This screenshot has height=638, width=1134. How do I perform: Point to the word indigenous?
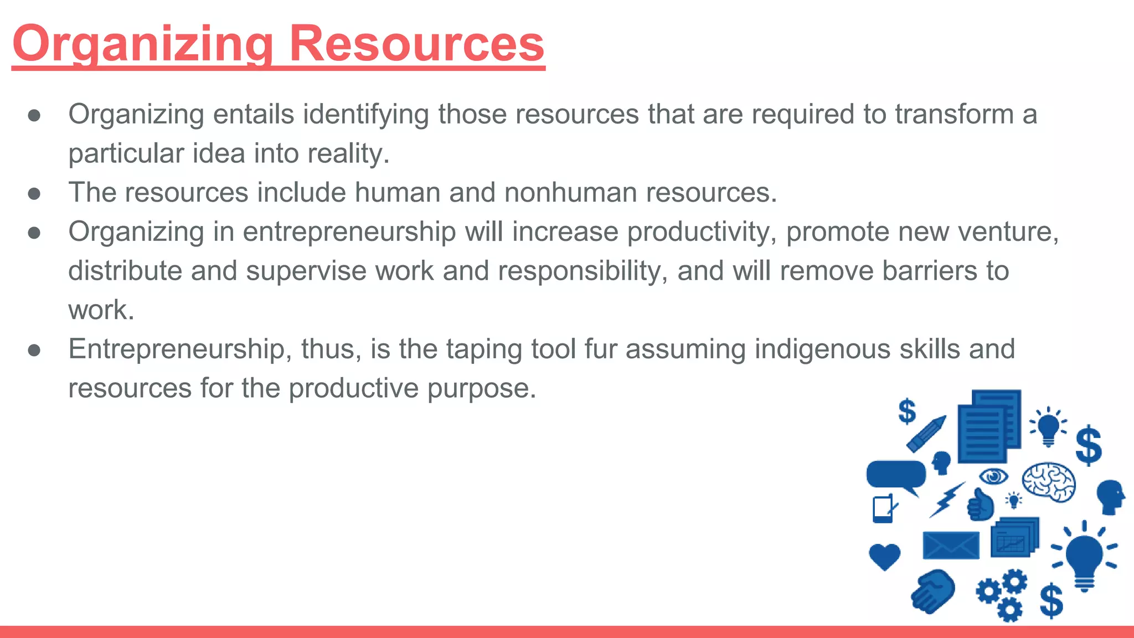tap(822, 349)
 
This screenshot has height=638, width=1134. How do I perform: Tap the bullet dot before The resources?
tap(34, 193)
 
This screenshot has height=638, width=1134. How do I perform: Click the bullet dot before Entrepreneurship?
tap(34, 350)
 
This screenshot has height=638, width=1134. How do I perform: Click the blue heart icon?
tap(884, 555)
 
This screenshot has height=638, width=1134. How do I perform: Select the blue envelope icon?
tap(951, 545)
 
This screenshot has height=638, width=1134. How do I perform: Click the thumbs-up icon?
tap(980, 505)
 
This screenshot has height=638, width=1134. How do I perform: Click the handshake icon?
tap(933, 591)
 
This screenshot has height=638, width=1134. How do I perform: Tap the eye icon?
tap(993, 476)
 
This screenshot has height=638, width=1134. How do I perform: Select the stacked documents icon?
tap(989, 426)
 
